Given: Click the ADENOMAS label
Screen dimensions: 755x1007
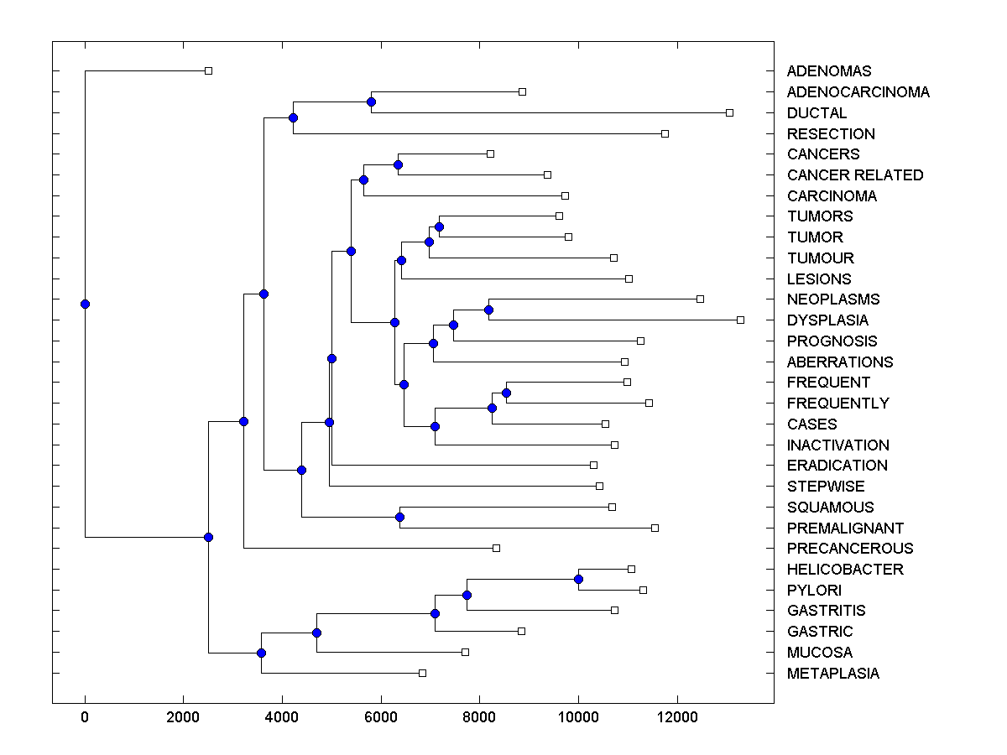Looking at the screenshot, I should pyautogui.click(x=829, y=71).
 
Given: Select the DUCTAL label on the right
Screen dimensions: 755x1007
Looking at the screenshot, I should pyautogui.click(x=817, y=112).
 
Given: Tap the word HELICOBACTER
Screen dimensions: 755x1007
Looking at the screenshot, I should pyautogui.click(x=845, y=569).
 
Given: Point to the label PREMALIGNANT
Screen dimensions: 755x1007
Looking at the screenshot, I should pyautogui.click(x=845, y=528).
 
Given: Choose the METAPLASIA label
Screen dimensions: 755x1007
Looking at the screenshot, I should pyautogui.click(x=833, y=673).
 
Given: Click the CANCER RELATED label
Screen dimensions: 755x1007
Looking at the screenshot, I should pyautogui.click(x=855, y=174).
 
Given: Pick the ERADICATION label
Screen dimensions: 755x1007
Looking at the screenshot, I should pyautogui.click(x=837, y=465).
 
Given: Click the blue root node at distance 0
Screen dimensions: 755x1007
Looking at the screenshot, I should pyautogui.click(x=85, y=304).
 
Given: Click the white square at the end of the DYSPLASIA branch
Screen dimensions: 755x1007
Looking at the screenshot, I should pyautogui.click(x=740, y=320).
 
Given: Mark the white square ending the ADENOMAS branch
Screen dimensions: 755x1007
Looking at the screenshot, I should pyautogui.click(x=209, y=71).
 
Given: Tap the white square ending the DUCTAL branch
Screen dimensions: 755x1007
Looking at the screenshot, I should pyautogui.click(x=729, y=112).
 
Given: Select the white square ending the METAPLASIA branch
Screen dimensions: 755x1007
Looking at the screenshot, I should pyautogui.click(x=422, y=673).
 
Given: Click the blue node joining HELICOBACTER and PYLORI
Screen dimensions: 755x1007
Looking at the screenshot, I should pyautogui.click(x=578, y=580).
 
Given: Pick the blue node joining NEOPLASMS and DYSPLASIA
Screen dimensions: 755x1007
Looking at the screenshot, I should pyautogui.click(x=488, y=310).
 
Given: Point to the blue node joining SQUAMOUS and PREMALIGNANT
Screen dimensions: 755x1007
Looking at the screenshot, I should pyautogui.click(x=400, y=518).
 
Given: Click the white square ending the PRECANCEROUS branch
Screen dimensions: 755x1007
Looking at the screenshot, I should pyautogui.click(x=496, y=548).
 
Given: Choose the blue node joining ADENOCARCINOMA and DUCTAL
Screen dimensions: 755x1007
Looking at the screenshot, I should pyautogui.click(x=371, y=102).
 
